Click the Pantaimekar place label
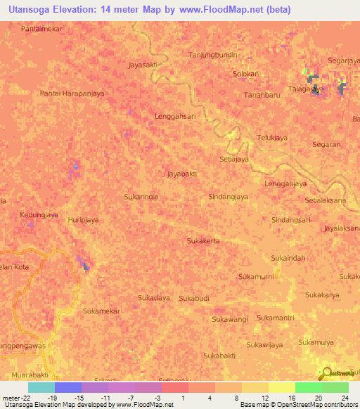(x=43, y=30)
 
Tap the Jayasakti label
(x=143, y=65)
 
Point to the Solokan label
(x=245, y=74)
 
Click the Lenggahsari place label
(x=174, y=117)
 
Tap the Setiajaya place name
(x=234, y=160)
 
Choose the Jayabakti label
(x=181, y=173)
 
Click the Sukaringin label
(x=141, y=197)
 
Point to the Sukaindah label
(x=288, y=258)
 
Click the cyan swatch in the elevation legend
(x=41, y=387)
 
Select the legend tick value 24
(x=344, y=397)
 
